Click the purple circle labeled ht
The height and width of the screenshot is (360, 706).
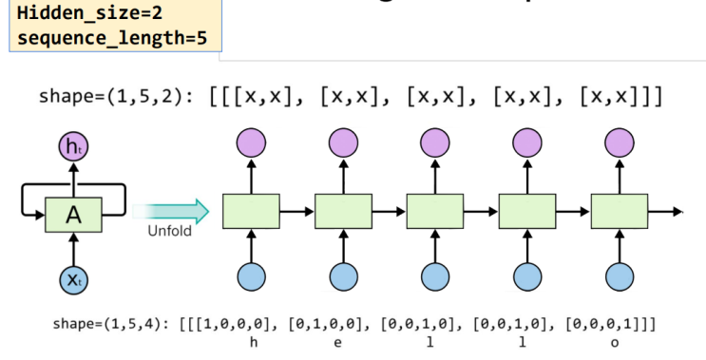pos(73,147)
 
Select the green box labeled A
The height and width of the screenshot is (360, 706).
pos(73,217)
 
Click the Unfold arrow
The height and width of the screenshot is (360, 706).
pos(172,211)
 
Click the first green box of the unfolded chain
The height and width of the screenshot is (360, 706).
pos(251,211)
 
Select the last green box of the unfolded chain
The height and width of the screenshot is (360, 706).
pos(620,211)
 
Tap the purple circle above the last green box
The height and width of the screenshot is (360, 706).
pos(620,142)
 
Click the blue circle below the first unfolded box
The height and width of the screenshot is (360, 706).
pos(251,275)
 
